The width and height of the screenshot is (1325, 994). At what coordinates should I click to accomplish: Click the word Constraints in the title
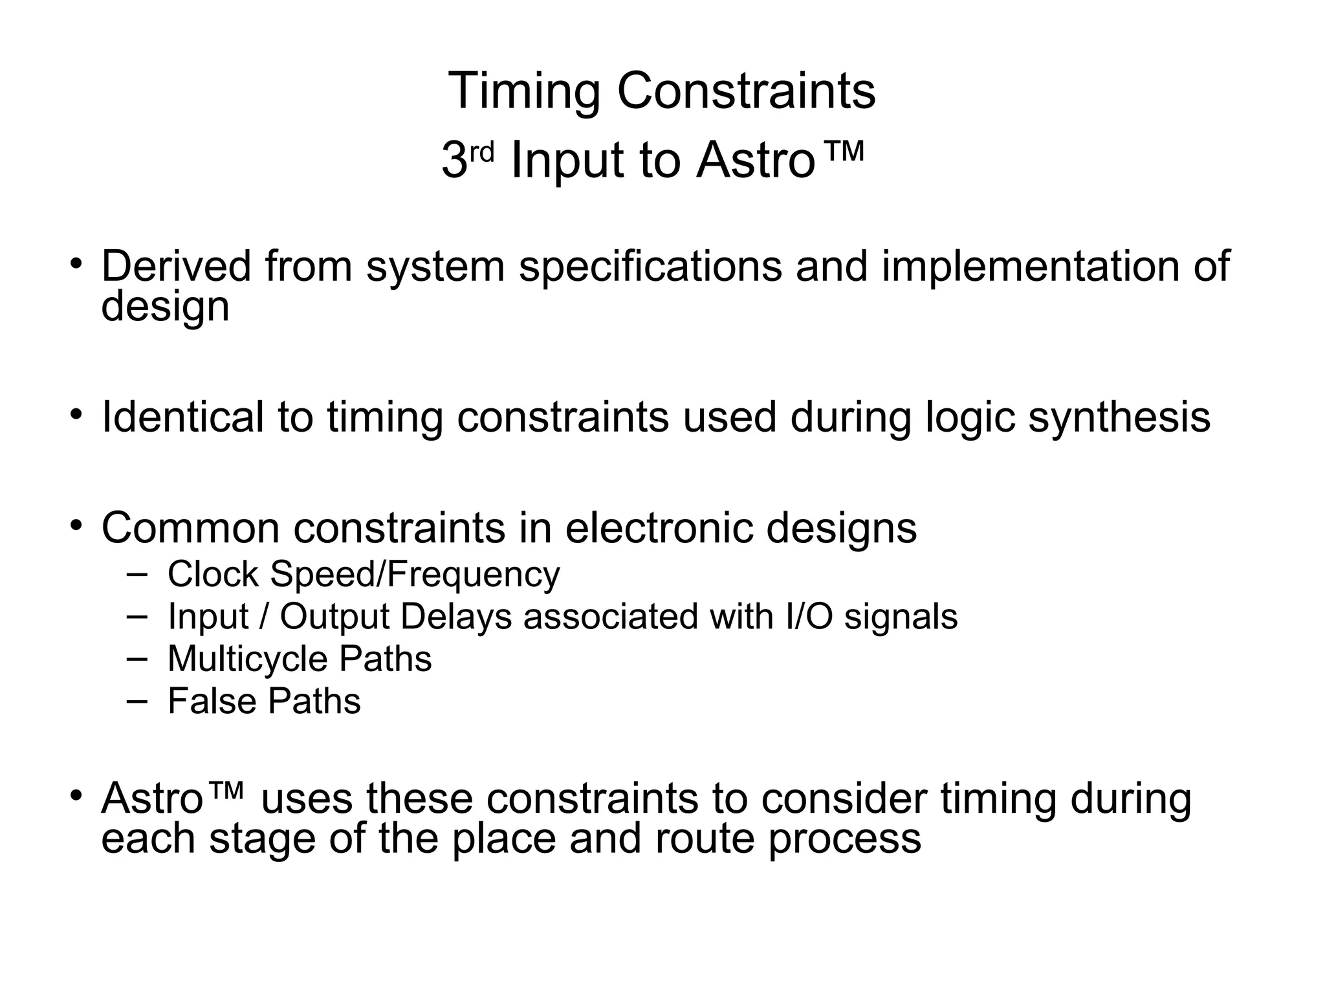tap(746, 92)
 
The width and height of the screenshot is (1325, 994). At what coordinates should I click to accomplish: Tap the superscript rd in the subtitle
tap(481, 152)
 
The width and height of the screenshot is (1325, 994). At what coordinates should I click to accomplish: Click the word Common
tap(190, 527)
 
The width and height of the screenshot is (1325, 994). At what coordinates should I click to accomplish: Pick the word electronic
tap(659, 527)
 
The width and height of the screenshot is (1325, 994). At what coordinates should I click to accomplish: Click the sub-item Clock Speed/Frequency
tap(364, 574)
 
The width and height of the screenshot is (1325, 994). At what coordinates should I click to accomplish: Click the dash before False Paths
tap(137, 701)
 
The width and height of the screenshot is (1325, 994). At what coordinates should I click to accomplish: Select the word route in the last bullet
tap(705, 839)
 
